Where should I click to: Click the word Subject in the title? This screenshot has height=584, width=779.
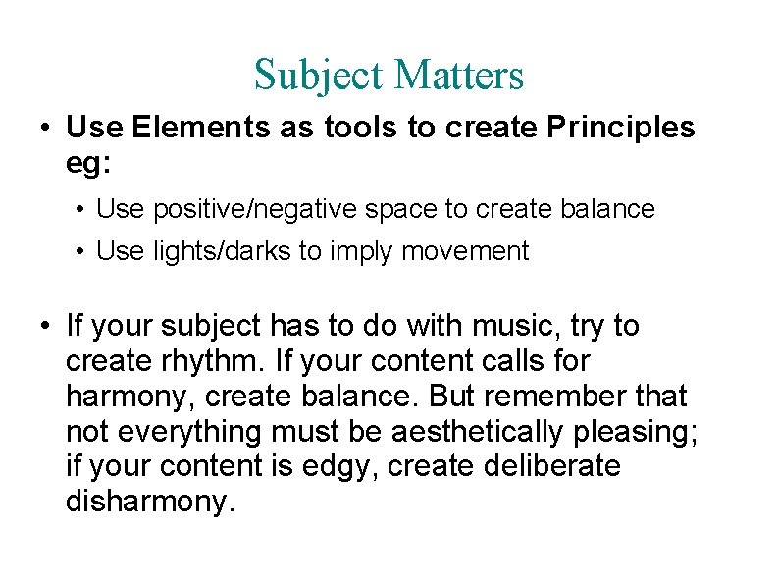pos(310,75)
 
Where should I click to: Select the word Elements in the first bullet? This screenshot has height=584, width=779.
pos(187,127)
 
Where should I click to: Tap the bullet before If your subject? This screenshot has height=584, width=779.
pos(46,326)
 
